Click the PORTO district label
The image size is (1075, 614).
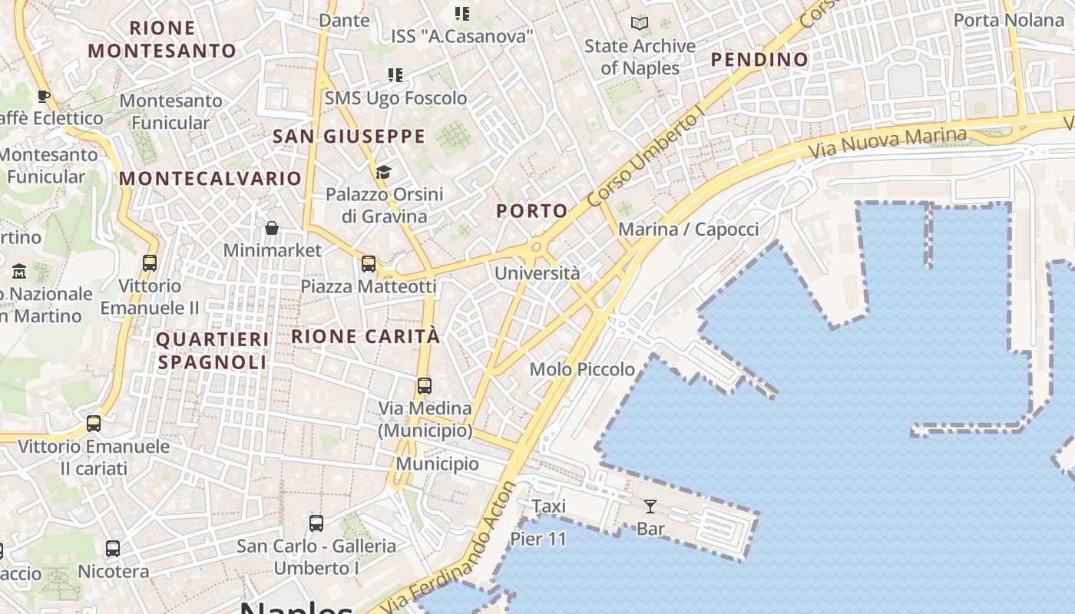point(532,211)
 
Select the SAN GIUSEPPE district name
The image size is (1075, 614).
point(349,137)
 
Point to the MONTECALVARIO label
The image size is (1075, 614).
point(210,179)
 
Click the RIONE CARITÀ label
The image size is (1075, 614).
point(365,336)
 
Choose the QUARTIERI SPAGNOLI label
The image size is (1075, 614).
point(212,350)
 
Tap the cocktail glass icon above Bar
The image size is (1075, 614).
point(650,506)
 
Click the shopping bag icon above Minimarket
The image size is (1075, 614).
point(272,228)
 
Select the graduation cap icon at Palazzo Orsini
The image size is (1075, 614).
point(383,172)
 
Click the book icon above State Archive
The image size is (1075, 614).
point(640,24)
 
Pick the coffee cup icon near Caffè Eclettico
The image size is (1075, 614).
point(44,96)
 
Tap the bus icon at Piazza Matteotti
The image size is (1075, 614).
point(369,264)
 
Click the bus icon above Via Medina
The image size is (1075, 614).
point(425,385)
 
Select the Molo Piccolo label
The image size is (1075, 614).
point(582,370)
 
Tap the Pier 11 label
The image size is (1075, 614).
point(538,540)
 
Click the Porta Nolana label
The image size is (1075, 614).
point(1008,20)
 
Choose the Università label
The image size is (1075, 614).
point(537,273)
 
